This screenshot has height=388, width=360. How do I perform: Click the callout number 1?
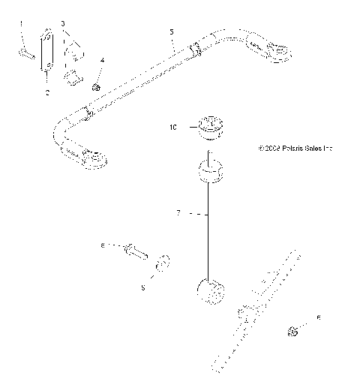(21, 24)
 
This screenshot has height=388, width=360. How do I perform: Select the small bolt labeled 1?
(25, 53)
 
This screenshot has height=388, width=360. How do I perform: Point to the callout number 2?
(46, 92)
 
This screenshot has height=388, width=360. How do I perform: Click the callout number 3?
(63, 24)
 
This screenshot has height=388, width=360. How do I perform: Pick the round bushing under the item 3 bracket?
(73, 77)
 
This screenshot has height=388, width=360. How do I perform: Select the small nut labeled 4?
(97, 88)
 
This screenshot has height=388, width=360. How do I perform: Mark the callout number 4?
(103, 59)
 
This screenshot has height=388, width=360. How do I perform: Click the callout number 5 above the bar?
(172, 32)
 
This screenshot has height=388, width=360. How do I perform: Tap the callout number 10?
(172, 128)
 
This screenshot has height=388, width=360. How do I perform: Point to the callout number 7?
(178, 214)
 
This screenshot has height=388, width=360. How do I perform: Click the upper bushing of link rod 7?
(210, 171)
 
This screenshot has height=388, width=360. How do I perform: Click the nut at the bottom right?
(294, 332)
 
